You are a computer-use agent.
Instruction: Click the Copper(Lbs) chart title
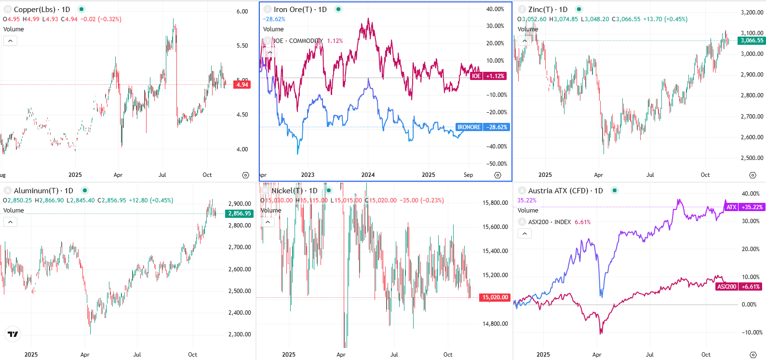[x=42, y=10]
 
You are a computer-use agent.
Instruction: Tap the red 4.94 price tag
[x=242, y=85]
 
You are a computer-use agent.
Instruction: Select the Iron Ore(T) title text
[x=300, y=10]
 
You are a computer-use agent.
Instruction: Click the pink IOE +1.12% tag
[x=488, y=76]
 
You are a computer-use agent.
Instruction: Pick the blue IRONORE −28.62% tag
[x=482, y=127]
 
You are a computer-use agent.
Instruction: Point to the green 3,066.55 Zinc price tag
[x=752, y=40]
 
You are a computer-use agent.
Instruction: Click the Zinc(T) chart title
[x=548, y=10]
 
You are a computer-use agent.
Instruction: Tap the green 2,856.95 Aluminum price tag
[x=239, y=213]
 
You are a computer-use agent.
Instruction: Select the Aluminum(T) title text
[x=43, y=191]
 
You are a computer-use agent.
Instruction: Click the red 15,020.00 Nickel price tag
[x=495, y=297]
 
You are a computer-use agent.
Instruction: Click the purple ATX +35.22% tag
[x=744, y=207]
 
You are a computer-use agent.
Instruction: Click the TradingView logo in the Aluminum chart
[x=13, y=334]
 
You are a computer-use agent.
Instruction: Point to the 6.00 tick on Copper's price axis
[x=242, y=12]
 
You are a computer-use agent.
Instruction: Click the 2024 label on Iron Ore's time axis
[x=368, y=175]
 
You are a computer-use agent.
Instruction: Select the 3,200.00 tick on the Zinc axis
[x=752, y=13]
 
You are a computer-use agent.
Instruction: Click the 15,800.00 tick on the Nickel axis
[x=495, y=203]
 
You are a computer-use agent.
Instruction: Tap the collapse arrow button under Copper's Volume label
[x=10, y=41]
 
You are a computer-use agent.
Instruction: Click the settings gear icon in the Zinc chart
[x=753, y=175]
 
